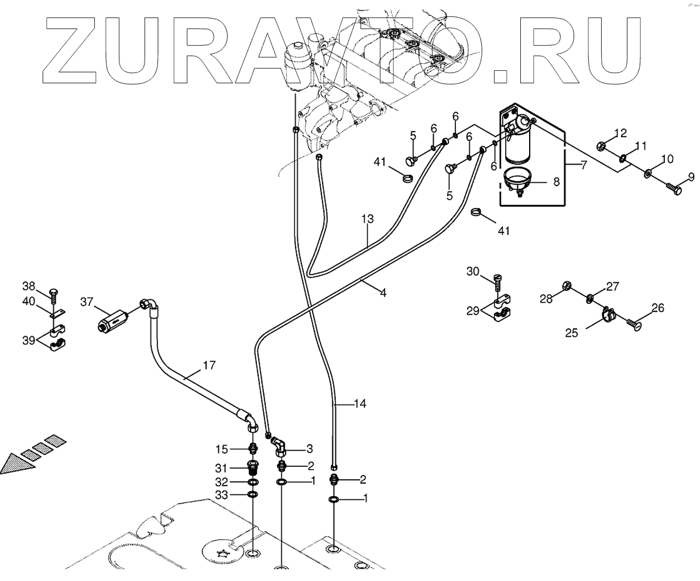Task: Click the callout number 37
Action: click(87, 302)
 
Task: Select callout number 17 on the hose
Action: click(209, 365)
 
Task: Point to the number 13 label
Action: click(367, 220)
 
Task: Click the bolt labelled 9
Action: click(673, 189)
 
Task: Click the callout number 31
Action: click(220, 468)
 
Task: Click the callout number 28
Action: click(545, 299)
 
